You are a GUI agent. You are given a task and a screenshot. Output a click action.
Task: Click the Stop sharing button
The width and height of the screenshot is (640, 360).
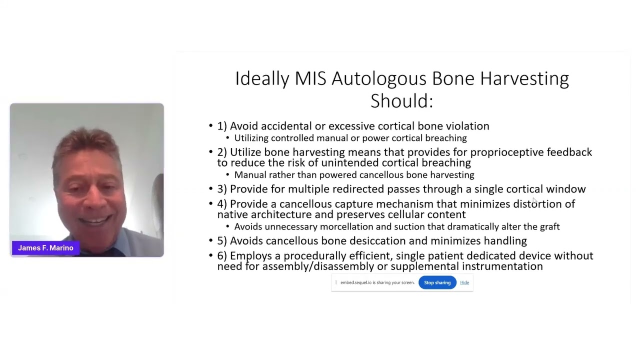coord(437,282)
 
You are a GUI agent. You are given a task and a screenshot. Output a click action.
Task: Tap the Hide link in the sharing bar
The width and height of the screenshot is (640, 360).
coord(464,282)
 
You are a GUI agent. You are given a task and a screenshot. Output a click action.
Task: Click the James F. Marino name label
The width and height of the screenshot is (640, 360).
coord(45,248)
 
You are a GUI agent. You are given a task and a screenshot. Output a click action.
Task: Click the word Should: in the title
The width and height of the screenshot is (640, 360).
coord(401,100)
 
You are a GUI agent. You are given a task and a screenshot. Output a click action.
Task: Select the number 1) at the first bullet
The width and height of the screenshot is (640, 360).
coord(222,126)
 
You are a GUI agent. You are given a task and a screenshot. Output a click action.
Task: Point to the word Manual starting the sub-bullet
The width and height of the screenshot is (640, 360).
coord(250,175)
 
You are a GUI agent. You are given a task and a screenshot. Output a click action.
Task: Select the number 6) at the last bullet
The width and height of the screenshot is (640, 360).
coord(222,256)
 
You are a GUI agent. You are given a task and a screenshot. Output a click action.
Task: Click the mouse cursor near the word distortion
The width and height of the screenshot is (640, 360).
coord(534,200)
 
